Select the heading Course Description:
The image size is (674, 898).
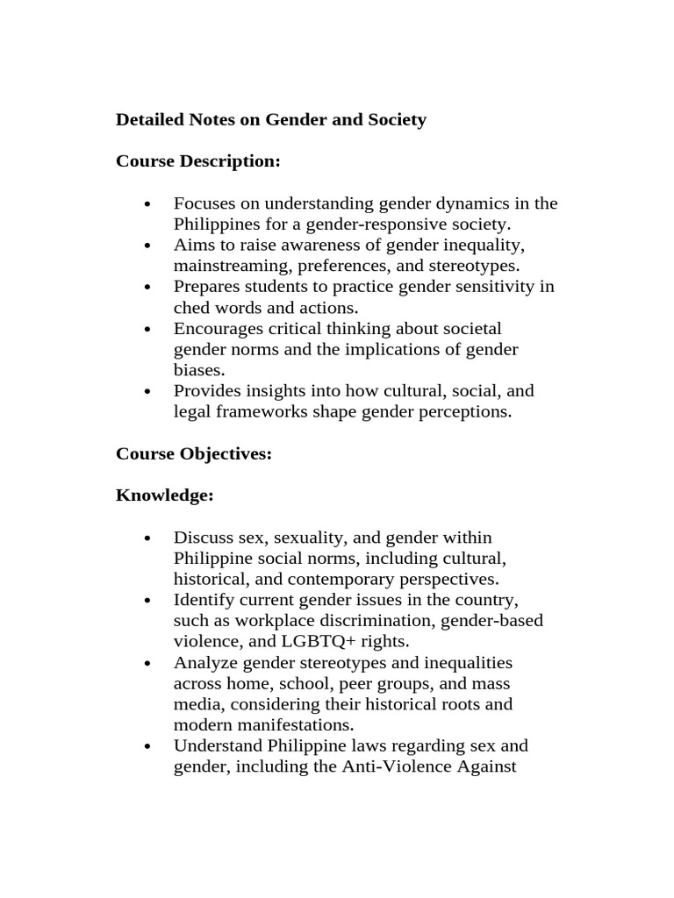[198, 162]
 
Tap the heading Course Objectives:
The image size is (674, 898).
[194, 453]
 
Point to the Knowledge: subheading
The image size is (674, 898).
[165, 495]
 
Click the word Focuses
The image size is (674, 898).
[204, 204]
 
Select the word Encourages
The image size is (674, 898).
[218, 329]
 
